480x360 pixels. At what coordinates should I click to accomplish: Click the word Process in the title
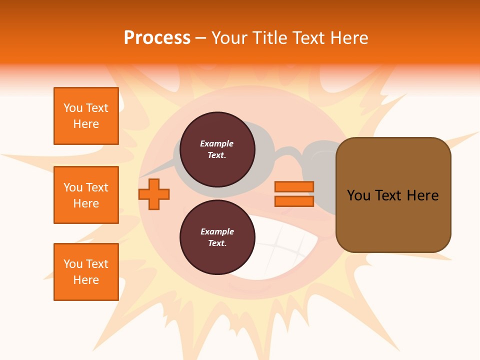pos(157,38)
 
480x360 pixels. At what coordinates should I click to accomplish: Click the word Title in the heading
pos(269,38)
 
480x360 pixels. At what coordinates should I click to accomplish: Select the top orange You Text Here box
pos(86,116)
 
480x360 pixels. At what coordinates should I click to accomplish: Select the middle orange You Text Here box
pos(86,195)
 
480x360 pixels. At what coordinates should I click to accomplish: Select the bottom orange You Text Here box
pos(86,272)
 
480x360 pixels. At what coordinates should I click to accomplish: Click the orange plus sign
pos(154,194)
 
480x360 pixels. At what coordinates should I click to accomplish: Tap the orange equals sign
pos(294,194)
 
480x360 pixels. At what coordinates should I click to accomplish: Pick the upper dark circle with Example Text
pos(217,149)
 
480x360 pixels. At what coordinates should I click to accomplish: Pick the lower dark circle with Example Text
pos(217,237)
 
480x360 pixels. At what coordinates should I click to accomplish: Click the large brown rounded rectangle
pos(393,220)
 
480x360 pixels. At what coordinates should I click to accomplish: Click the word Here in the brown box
pos(422,195)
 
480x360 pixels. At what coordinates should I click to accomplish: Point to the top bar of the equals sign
pos(294,187)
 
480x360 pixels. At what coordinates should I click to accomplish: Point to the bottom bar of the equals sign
pos(294,201)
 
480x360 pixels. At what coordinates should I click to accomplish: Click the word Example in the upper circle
pos(217,143)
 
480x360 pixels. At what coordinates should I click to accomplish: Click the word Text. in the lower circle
pos(217,243)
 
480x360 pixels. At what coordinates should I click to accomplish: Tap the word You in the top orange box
pos(72,108)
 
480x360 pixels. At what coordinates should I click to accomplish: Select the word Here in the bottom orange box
pos(86,280)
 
